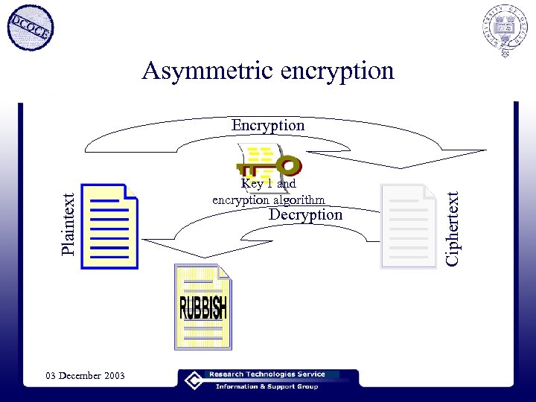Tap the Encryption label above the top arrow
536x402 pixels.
pyautogui.click(x=268, y=125)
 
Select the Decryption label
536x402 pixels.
pyautogui.click(x=305, y=214)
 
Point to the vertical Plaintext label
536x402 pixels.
pyautogui.click(x=68, y=223)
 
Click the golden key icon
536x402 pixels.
pyautogui.click(x=268, y=163)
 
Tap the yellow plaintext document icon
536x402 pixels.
pyautogui.click(x=109, y=226)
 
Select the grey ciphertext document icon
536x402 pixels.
pyautogui.click(x=408, y=226)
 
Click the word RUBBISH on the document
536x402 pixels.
pyautogui.click(x=202, y=307)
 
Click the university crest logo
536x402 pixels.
pyautogui.click(x=504, y=31)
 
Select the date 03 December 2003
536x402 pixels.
pyautogui.click(x=84, y=375)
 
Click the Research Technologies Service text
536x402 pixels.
pyautogui.click(x=273, y=374)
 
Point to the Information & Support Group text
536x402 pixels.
pyautogui.click(x=267, y=386)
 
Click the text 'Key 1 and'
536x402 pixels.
pyautogui.click(x=268, y=183)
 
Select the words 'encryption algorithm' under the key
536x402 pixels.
pyautogui.click(x=269, y=200)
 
